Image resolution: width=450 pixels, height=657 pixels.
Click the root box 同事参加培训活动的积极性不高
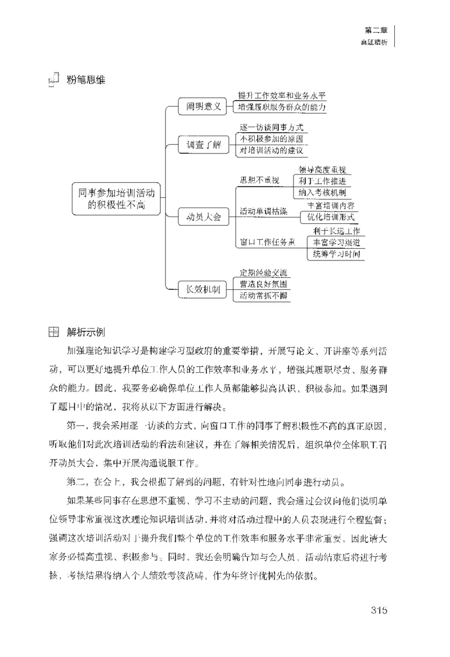click(x=116, y=199)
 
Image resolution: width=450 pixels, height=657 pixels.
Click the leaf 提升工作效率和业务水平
click(x=281, y=96)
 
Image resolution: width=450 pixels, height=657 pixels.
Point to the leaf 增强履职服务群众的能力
click(x=281, y=107)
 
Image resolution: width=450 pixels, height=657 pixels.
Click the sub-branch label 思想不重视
click(x=259, y=180)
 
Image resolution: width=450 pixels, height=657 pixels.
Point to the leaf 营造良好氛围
click(x=263, y=285)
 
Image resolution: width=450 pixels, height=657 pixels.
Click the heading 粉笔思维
click(x=85, y=80)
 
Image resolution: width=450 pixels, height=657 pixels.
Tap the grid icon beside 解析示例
click(x=53, y=331)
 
